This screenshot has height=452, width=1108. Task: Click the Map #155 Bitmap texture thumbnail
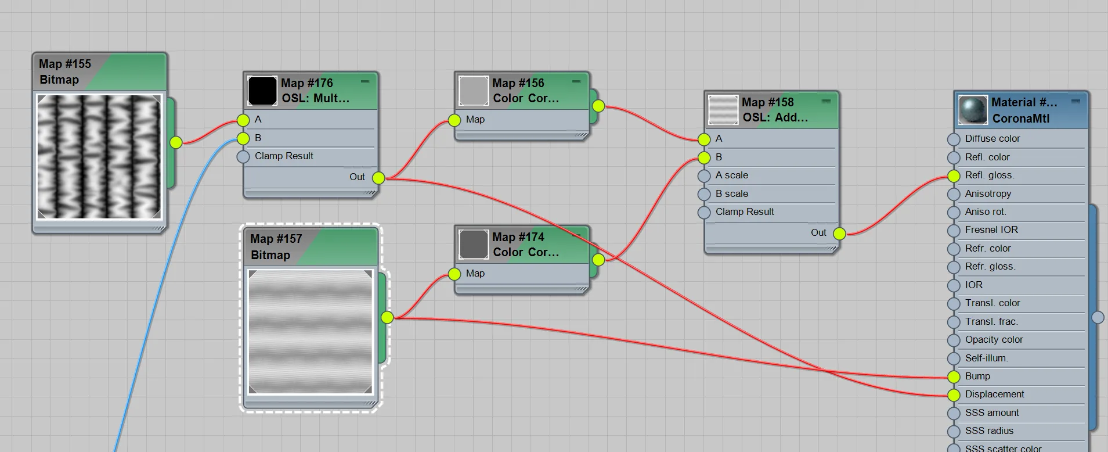(99, 157)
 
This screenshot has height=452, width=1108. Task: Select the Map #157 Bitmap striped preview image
(311, 331)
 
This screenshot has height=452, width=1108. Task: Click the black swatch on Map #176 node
(262, 91)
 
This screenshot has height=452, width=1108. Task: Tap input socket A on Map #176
(243, 120)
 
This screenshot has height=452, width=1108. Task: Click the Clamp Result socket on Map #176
(243, 157)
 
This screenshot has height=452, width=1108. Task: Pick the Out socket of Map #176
(378, 178)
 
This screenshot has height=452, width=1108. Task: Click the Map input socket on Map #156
(454, 120)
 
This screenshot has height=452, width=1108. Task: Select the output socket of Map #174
(598, 260)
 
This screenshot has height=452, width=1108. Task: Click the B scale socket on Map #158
(704, 194)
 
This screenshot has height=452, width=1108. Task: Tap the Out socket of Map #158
(839, 234)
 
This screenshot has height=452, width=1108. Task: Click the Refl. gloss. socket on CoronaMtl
(954, 176)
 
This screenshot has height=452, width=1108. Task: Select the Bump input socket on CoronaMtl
(954, 377)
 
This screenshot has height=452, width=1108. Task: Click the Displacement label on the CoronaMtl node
(994, 394)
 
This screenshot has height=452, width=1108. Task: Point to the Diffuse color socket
(954, 139)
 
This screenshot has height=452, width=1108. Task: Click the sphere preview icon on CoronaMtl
(973, 110)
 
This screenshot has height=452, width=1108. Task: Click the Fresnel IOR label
(991, 230)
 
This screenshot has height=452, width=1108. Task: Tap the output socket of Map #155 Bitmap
(176, 142)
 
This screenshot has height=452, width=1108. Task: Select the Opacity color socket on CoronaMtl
(954, 340)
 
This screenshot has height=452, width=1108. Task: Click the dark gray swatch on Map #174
(474, 245)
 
